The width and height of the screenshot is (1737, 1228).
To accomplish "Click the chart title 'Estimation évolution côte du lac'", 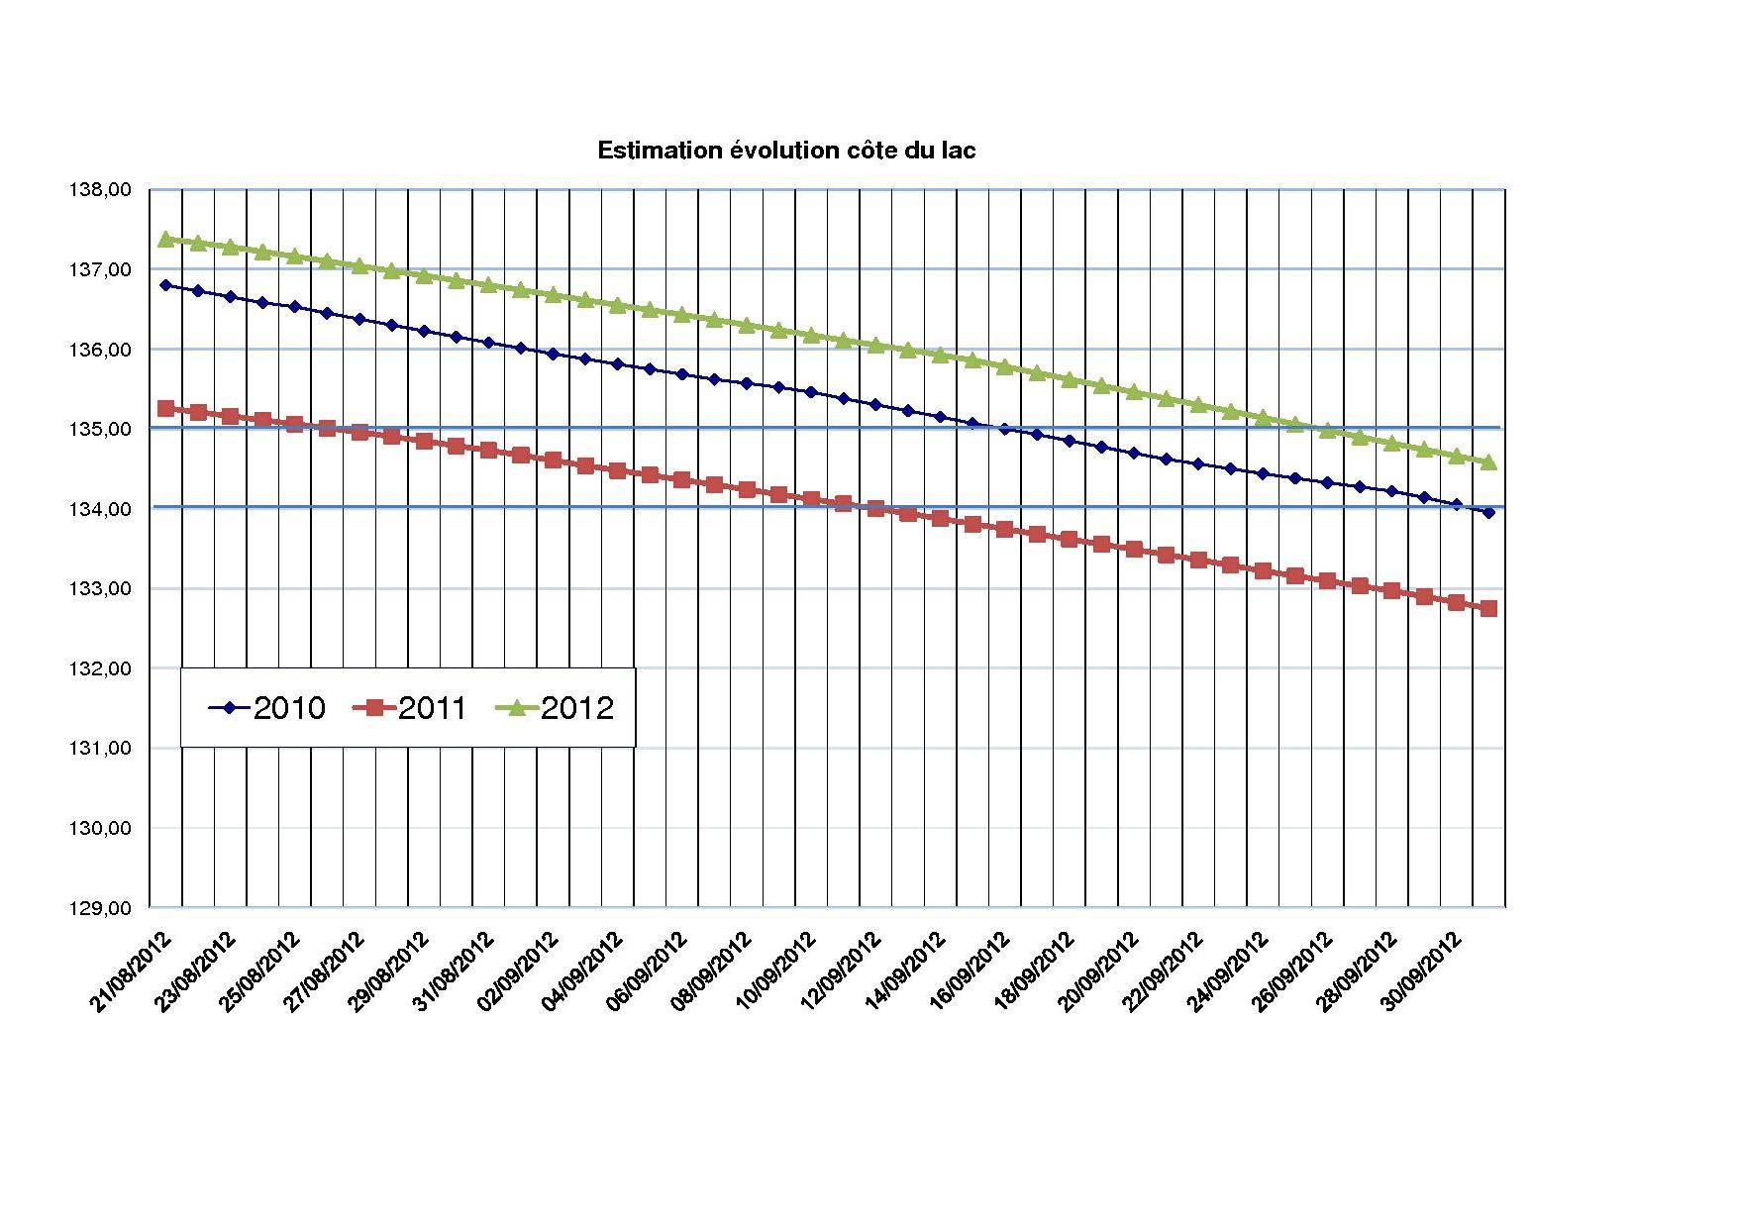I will point(786,151).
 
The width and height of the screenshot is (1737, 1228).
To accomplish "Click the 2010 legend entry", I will point(267,708).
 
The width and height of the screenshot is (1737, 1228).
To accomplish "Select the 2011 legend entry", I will point(411,708).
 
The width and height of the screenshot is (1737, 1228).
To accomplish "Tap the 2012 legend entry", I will point(561,708).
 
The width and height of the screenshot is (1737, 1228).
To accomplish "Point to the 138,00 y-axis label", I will point(100,190).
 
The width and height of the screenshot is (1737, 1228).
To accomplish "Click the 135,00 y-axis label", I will point(100,430).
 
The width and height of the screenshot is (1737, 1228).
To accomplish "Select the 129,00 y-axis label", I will point(100,908).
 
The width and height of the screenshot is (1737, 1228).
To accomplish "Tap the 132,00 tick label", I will point(100,668).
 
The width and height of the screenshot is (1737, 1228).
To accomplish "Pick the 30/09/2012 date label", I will point(1423,972).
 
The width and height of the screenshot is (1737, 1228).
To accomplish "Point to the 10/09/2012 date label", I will point(777,972).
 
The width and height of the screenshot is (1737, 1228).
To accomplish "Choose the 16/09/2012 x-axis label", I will point(971,972).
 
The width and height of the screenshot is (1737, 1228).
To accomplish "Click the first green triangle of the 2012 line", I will point(165,239).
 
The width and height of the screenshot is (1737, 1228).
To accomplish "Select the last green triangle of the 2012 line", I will point(1488,461).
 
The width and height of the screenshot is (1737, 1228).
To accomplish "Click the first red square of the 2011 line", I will point(165,408).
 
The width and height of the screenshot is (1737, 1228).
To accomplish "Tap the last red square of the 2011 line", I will point(1488,608).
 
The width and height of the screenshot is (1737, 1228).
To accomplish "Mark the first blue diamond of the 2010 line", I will point(165,285).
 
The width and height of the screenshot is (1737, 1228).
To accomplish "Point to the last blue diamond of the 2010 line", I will point(1488,512).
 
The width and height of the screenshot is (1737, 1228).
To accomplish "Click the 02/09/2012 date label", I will point(519,972).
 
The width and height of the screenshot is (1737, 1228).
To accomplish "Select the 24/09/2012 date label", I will point(1229,972).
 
